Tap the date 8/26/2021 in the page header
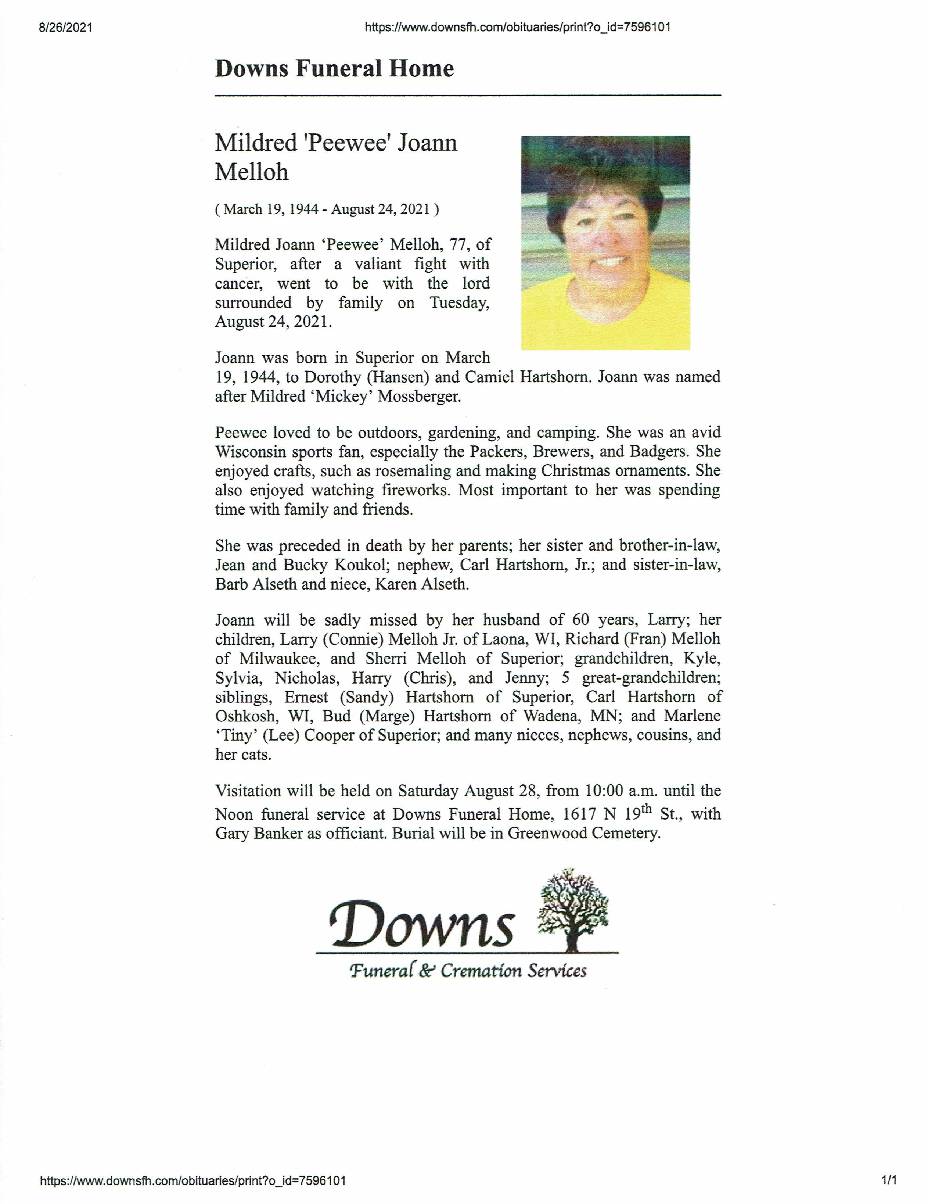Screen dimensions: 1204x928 (x=65, y=28)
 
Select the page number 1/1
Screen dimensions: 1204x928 (x=889, y=1180)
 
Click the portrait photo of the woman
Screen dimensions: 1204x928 (x=605, y=243)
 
